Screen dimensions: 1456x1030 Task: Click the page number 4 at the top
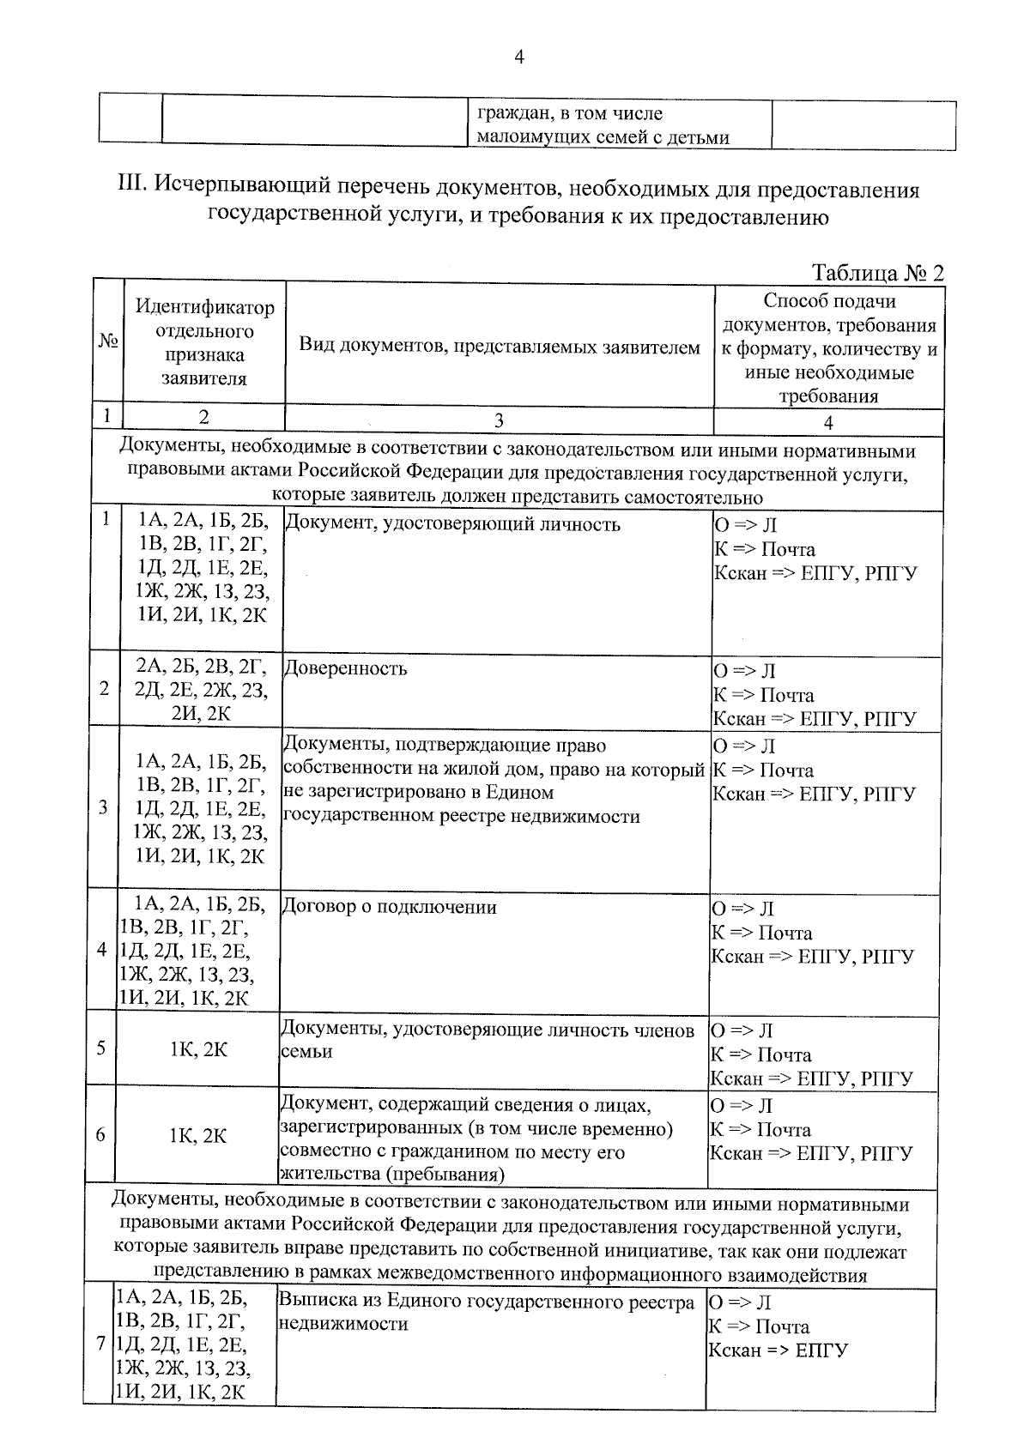pyautogui.click(x=518, y=57)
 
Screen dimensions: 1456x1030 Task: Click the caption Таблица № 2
pyautogui.click(x=876, y=273)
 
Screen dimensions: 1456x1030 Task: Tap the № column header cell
pyautogui.click(x=107, y=342)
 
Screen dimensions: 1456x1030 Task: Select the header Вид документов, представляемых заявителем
pyautogui.click(x=499, y=347)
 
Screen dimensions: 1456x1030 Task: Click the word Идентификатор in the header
pyautogui.click(x=204, y=307)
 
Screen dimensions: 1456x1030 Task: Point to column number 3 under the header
pyautogui.click(x=499, y=420)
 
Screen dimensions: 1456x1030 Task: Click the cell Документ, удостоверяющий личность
pyautogui.click(x=451, y=524)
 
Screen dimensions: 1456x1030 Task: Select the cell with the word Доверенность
pyautogui.click(x=345, y=668)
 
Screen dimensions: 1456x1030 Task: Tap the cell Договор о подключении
pyautogui.click(x=389, y=907)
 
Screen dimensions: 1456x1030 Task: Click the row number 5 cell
pyautogui.click(x=100, y=1048)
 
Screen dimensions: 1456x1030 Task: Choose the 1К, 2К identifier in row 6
pyautogui.click(x=197, y=1135)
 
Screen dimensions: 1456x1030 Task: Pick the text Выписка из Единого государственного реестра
pyautogui.click(x=486, y=1302)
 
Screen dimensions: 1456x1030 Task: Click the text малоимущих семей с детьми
pyautogui.click(x=603, y=136)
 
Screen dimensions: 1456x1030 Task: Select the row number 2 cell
pyautogui.click(x=103, y=689)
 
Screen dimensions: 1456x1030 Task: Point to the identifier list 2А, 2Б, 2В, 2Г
pyautogui.click(x=201, y=666)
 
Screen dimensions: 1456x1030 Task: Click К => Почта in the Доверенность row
pyautogui.click(x=763, y=695)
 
